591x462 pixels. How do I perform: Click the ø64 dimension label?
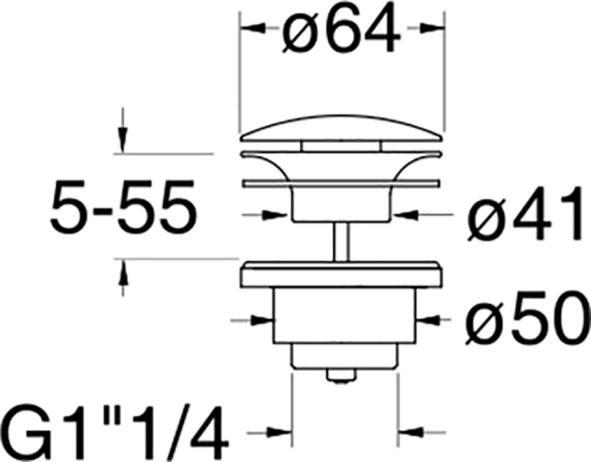(341, 29)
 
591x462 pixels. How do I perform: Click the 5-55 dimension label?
(123, 208)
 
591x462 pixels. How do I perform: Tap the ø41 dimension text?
(525, 213)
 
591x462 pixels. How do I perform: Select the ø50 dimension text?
(528, 318)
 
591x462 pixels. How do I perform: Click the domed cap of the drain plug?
(341, 129)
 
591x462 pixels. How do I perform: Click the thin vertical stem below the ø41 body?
(341, 241)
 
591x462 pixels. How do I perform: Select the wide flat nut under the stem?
(341, 274)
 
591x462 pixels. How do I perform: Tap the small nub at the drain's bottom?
(341, 375)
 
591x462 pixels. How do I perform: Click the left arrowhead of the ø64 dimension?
(252, 28)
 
